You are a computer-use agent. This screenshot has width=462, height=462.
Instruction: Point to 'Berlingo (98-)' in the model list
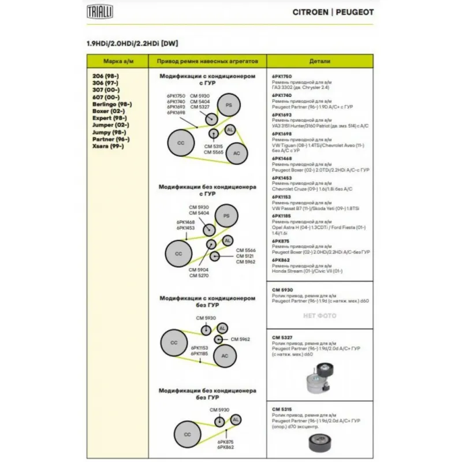tap(112, 103)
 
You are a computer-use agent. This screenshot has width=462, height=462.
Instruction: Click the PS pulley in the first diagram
tap(229, 105)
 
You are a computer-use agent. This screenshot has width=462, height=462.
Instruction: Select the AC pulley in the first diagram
tap(236, 153)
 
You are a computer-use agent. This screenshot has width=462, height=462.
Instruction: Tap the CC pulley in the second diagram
tap(178, 254)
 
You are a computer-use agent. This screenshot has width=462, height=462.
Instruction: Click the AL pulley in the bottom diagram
tap(236, 419)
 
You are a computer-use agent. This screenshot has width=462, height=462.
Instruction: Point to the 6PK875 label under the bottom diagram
tap(226, 442)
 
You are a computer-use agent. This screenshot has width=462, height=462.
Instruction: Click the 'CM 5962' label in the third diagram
tap(240, 339)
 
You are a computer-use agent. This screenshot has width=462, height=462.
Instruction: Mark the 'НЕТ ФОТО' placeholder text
tap(319, 316)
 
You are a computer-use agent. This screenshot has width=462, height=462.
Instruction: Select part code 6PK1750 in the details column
tap(282, 76)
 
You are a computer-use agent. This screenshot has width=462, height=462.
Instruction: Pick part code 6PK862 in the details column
tap(281, 260)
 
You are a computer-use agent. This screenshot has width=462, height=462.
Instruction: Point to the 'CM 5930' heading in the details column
tap(282, 289)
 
